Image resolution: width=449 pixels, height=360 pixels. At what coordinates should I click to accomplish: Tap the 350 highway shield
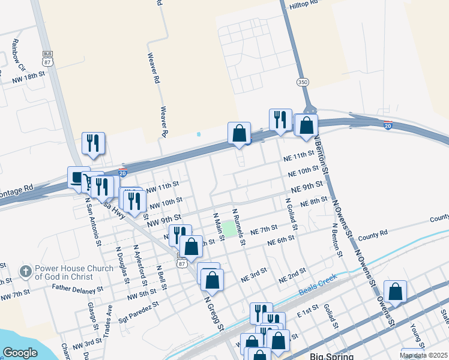[303, 81]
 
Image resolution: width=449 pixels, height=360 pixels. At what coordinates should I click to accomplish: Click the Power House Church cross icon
[25, 272]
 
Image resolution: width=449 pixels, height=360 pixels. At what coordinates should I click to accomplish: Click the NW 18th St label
[29, 74]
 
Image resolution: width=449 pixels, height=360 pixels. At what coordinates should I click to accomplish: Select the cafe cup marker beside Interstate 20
[78, 177]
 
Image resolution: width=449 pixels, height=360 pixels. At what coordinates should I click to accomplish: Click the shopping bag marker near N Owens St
[395, 292]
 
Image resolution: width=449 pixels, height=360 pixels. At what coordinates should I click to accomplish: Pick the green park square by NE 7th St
[229, 228]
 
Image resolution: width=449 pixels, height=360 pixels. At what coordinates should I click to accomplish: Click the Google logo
[20, 353]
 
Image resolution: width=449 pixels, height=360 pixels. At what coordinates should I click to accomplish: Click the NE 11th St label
[298, 157]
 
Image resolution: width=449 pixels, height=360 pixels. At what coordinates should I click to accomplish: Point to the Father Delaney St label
[73, 290]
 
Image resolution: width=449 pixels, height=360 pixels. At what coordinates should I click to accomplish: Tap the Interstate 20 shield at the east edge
[388, 126]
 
